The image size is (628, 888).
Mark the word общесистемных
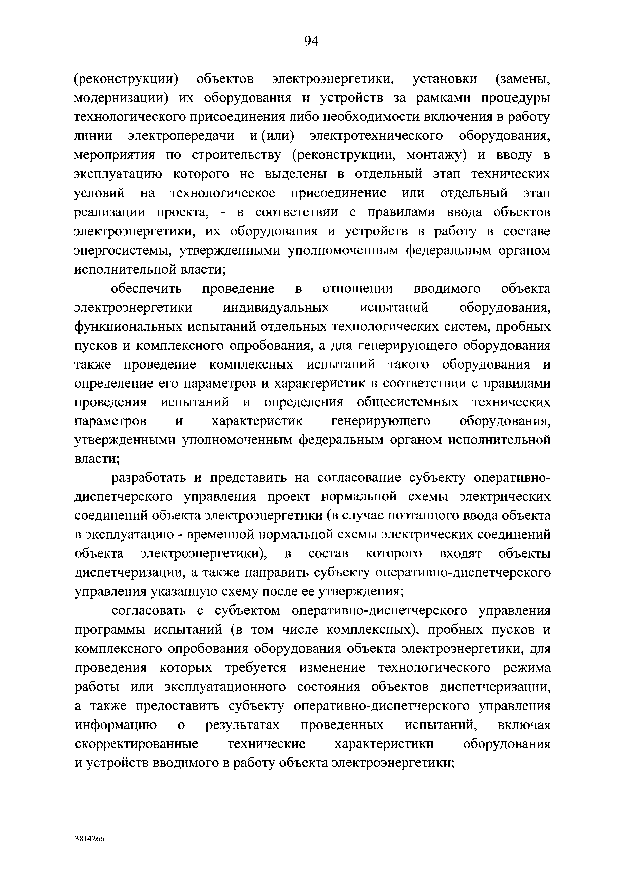407,403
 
